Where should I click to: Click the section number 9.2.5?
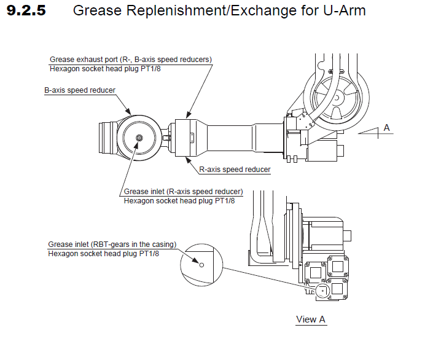26,11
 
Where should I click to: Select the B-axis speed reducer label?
80,90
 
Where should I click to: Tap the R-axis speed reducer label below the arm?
235,170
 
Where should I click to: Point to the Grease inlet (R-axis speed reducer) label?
183,191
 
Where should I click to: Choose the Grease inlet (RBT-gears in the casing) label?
112,244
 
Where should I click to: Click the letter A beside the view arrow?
386,127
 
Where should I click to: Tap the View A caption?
311,319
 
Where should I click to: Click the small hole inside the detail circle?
201,265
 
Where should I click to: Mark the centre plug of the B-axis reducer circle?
140,138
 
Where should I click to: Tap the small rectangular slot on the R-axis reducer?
192,137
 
